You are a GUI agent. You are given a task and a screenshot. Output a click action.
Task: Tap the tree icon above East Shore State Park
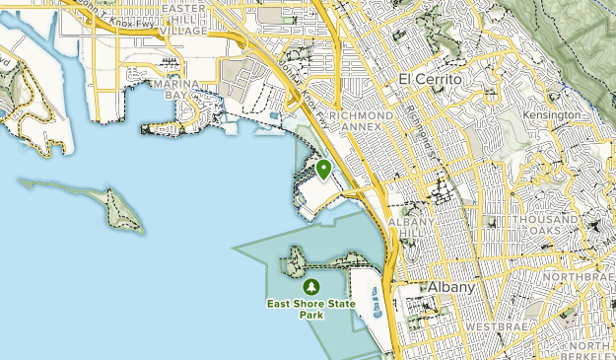pyautogui.click(x=312, y=287)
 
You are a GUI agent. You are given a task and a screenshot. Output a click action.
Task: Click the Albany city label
pyautogui.click(x=451, y=287)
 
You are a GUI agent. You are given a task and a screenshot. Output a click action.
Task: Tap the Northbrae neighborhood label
pyautogui.click(x=582, y=278)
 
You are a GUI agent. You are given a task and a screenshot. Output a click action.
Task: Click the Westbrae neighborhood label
pyautogui.click(x=492, y=325)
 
